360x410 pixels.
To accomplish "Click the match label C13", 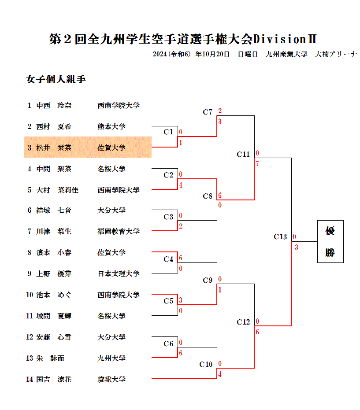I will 280,237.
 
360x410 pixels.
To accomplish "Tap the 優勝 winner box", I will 330,241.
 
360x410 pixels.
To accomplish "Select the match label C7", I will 208,112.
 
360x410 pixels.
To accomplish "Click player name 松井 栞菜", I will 54,148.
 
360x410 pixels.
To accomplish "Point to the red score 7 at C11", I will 257,164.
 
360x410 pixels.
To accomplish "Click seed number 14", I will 30,379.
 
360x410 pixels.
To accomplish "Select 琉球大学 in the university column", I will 111,379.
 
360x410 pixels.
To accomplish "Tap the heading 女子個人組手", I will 56,79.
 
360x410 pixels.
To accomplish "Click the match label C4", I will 168,259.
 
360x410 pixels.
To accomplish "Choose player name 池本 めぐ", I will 54,295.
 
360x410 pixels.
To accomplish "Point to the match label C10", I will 206,364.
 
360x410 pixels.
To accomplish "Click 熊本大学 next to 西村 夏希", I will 111,126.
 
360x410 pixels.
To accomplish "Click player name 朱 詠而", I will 50,358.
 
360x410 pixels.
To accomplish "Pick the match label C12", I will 243,322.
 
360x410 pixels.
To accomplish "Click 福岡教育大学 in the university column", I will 119,231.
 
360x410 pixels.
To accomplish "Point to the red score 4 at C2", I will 181,185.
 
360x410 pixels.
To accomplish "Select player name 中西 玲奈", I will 54,105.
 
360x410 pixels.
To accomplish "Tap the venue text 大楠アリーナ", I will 336,54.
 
